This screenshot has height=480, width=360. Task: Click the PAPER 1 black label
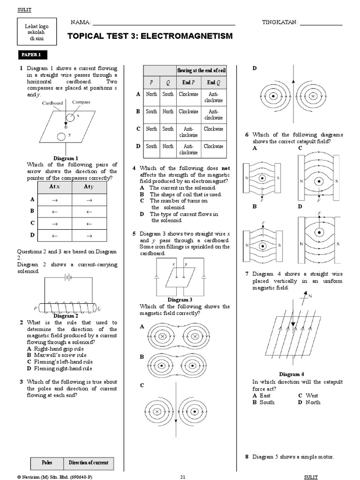(32, 55)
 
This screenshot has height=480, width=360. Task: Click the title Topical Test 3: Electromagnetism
(150, 36)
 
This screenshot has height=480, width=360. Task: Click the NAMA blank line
(164, 23)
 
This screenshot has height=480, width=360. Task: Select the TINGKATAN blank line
(321, 23)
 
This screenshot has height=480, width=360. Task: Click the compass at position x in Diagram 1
(70, 116)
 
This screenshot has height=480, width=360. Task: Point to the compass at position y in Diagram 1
(61, 137)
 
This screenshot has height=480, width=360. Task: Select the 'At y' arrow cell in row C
(89, 223)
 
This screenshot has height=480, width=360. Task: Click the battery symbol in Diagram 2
(68, 277)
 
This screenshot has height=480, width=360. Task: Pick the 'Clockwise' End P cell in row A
(188, 94)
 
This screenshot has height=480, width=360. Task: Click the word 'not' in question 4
(225, 168)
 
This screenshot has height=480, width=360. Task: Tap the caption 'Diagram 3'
(180, 300)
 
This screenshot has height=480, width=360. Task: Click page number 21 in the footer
(183, 476)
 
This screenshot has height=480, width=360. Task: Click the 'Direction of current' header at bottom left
(89, 462)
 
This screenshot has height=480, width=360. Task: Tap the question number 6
(247, 135)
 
